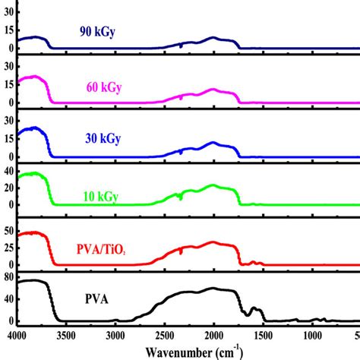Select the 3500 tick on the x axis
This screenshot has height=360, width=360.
click(66, 335)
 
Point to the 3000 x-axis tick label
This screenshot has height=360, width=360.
click(115, 335)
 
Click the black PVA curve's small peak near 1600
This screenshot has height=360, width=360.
click(254, 308)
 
